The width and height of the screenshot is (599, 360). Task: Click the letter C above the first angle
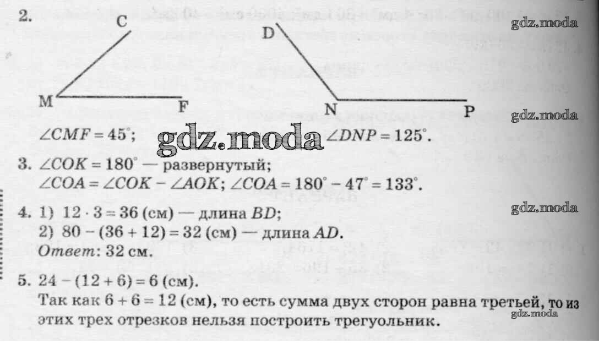tap(122, 21)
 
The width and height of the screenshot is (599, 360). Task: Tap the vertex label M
tap(46, 101)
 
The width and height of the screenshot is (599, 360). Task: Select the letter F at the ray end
tap(183, 106)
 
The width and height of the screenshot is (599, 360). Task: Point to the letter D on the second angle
tap(268, 33)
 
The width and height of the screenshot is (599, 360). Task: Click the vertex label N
tap(330, 110)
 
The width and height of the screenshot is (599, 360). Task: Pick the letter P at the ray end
tap(469, 111)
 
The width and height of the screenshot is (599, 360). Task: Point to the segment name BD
tap(264, 213)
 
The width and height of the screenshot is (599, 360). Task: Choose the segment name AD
tap(326, 232)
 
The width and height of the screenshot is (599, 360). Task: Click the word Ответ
tap(67, 251)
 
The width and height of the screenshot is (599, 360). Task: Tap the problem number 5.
tap(23, 281)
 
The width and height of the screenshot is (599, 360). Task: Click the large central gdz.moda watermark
tap(240, 138)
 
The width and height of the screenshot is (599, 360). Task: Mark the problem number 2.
tap(25, 17)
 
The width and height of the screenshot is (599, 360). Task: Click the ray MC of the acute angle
tap(94, 64)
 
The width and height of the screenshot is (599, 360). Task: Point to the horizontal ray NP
tap(401, 100)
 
